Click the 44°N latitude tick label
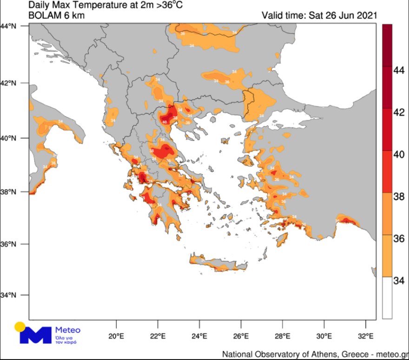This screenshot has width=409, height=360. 10,26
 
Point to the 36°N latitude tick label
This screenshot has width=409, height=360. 10,244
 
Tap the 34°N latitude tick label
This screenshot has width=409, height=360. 10,295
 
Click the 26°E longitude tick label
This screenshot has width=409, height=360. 241,336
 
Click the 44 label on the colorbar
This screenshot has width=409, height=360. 398,70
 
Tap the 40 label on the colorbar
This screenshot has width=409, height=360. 398,154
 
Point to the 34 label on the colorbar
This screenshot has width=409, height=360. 398,280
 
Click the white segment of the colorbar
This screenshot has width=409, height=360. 387,298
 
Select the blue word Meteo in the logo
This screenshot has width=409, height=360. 68,330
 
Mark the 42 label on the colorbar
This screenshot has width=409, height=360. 398,112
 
